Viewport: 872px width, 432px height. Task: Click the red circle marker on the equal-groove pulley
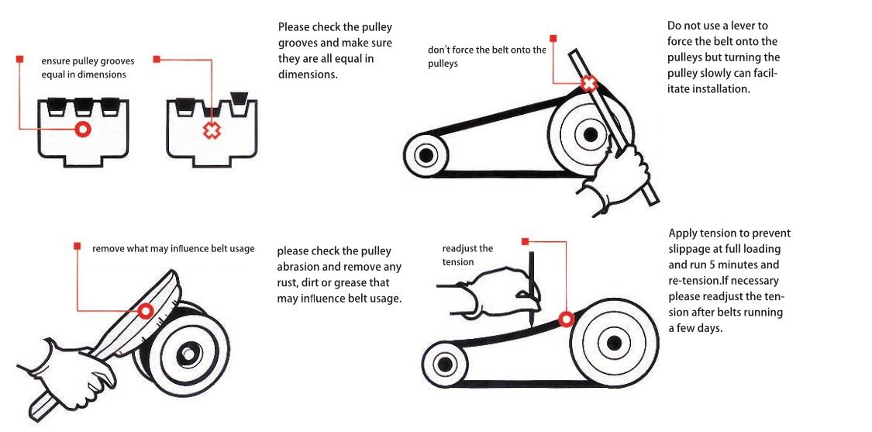tap(82, 129)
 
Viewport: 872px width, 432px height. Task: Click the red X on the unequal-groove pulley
tap(211, 130)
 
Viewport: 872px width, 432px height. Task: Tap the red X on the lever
tap(589, 84)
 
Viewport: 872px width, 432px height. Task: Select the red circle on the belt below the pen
tap(566, 318)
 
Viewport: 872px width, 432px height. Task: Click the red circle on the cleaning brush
tap(145, 311)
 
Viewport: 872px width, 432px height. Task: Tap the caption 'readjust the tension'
tap(467, 254)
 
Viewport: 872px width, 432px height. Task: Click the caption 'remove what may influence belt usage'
tap(174, 249)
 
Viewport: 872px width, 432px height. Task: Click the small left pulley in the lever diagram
tap(425, 155)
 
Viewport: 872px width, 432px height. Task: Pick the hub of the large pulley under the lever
tap(591, 133)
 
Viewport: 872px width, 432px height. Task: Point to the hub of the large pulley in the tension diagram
tap(614, 342)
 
